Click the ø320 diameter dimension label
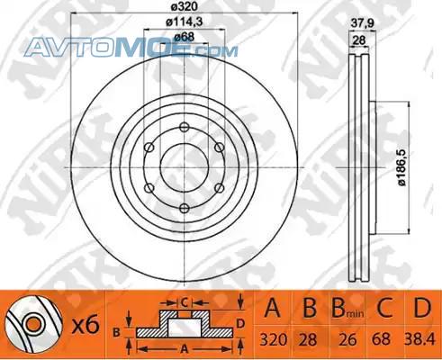click(x=185, y=6)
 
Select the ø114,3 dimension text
click(x=185, y=22)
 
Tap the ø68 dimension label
click(x=185, y=37)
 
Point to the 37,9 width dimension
click(x=363, y=23)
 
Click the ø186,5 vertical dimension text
click(x=402, y=167)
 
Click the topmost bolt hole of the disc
click(x=185, y=127)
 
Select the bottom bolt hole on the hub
click(x=185, y=208)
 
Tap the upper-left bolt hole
click(x=149, y=148)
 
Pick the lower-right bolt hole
click(x=220, y=188)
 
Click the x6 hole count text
click(x=86, y=326)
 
